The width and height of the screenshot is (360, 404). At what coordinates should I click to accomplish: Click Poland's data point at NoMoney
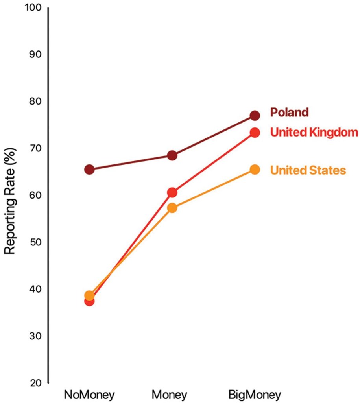[89, 170]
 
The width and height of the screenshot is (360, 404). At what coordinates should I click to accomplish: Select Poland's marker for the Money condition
[172, 155]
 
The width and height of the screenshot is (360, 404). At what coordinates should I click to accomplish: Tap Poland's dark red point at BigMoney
[255, 115]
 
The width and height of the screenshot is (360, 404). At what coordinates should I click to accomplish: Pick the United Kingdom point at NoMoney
[89, 301]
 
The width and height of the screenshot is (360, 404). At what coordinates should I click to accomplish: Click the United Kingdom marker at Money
[172, 192]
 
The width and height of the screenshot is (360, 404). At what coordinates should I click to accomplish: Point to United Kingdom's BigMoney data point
[255, 133]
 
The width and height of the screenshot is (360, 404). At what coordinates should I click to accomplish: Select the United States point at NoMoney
[89, 295]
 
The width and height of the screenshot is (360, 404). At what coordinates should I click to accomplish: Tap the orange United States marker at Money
[172, 208]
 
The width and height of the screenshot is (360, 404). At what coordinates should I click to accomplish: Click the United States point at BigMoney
[255, 170]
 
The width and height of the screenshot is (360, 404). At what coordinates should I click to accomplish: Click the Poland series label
[289, 113]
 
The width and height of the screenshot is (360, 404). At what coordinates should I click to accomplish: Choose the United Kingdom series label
[314, 132]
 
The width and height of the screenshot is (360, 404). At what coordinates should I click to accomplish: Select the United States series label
[308, 170]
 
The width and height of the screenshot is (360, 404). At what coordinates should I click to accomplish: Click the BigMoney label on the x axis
[255, 395]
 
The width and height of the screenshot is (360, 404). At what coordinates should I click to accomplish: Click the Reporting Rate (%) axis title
[11, 196]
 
